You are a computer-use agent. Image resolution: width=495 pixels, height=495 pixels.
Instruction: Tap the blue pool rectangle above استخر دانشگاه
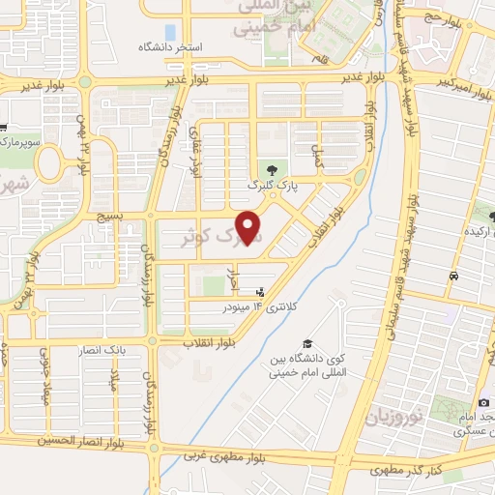pyautogui.click(x=171, y=32)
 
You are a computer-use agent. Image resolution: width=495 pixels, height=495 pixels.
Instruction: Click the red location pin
pyautogui.click(x=250, y=227)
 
